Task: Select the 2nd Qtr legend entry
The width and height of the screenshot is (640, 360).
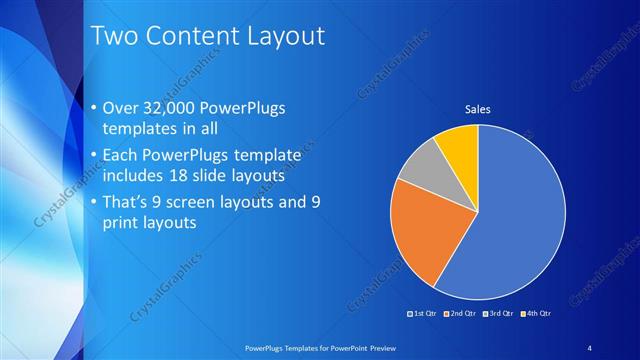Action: pos(459,313)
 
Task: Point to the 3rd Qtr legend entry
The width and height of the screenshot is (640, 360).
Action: pos(499,313)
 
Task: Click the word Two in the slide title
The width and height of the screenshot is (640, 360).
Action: pos(112,37)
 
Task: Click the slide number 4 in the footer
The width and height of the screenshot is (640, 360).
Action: pos(590,346)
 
